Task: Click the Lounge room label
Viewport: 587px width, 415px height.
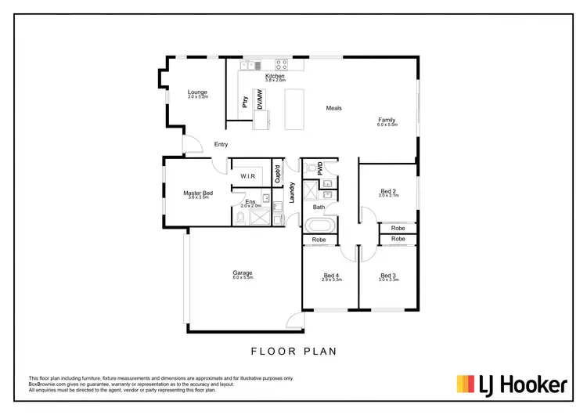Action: click(x=197, y=92)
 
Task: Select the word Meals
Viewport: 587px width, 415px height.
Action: click(x=334, y=108)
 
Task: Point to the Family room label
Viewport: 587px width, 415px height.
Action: click(x=387, y=120)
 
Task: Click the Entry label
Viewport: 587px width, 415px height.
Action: click(x=221, y=144)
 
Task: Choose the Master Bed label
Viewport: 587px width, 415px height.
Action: click(x=198, y=193)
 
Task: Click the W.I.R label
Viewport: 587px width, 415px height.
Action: click(x=249, y=176)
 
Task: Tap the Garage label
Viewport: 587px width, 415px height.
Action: click(x=242, y=272)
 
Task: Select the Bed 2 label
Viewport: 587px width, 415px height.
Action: click(x=388, y=191)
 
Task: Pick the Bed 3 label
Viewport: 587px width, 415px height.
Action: click(x=388, y=275)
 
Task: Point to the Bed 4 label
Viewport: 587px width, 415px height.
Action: click(x=331, y=275)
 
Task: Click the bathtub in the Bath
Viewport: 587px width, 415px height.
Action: click(x=319, y=225)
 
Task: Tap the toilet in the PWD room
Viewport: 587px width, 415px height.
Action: click(x=311, y=167)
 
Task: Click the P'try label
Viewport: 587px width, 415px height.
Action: click(x=244, y=101)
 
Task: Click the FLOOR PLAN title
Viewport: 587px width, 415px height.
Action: click(x=293, y=352)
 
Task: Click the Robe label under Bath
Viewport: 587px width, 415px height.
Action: click(x=319, y=240)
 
